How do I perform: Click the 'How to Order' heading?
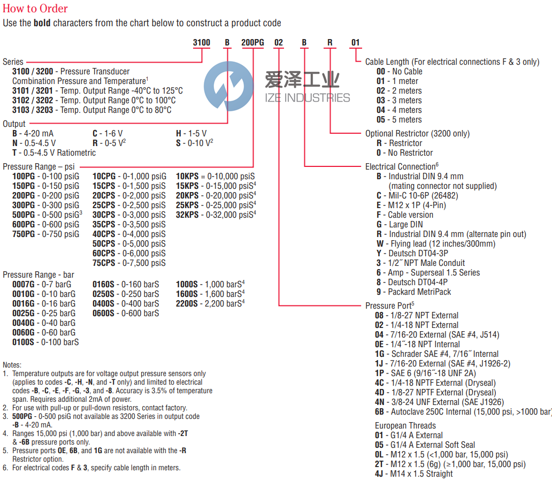(x=35, y=9)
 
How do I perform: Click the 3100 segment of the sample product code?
(x=201, y=43)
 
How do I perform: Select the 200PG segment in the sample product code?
(x=252, y=43)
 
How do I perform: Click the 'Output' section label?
(x=14, y=124)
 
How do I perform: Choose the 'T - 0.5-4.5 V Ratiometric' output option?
(x=54, y=152)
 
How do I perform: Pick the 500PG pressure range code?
(x=23, y=215)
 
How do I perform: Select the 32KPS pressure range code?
(x=187, y=215)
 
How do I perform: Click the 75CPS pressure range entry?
(x=104, y=263)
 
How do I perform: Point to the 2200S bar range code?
(x=187, y=303)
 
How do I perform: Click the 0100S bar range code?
(x=23, y=342)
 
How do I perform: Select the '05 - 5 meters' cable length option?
(x=399, y=119)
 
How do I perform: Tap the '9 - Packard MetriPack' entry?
(x=413, y=292)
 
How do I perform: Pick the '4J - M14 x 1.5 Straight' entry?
(x=414, y=473)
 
